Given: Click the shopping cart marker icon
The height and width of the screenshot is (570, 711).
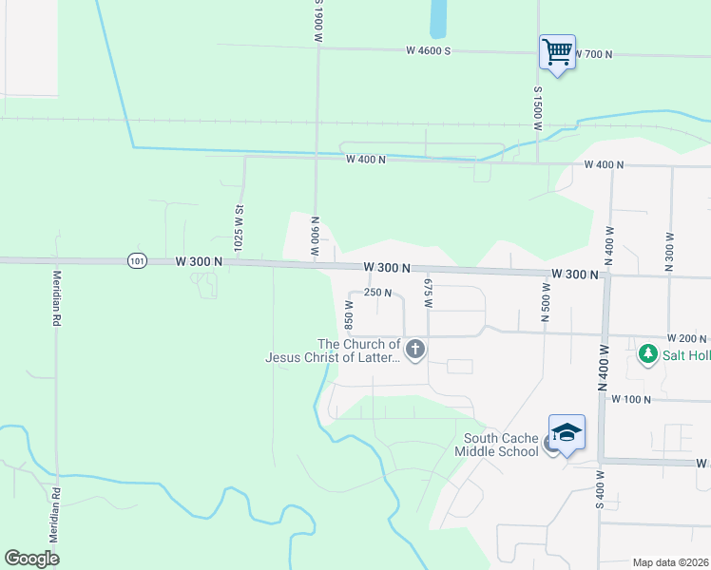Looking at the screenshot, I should point(556,51).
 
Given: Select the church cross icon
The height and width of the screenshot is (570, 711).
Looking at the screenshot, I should point(414,351).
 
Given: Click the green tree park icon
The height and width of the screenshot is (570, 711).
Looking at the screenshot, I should point(648,353).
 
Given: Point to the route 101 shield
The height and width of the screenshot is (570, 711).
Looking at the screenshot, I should point(139,260).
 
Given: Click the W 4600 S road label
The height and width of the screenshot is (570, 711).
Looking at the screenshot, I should point(427,49).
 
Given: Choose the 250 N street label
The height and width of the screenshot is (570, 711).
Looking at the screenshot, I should point(377,293).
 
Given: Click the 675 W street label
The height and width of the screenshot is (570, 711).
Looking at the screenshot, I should point(428,294).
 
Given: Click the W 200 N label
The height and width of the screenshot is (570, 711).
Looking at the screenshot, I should point(686,338).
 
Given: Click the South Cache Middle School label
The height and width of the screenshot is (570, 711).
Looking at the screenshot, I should point(501,445).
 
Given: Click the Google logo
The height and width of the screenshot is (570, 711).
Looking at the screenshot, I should point(32,559).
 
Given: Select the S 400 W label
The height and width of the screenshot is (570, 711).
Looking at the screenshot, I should point(600,489).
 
